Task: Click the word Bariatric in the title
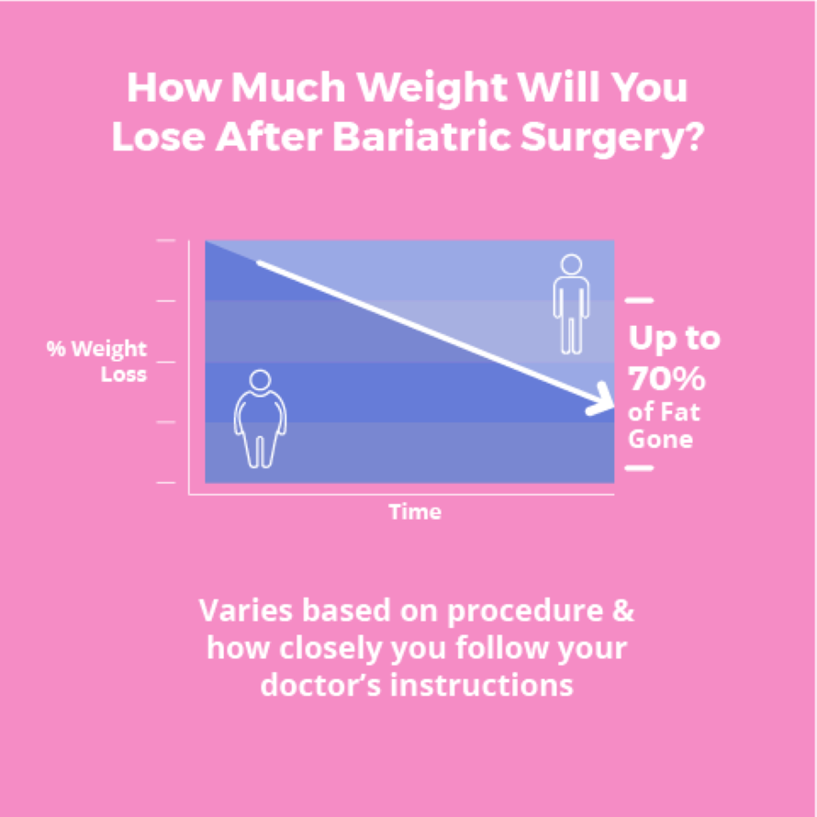422,137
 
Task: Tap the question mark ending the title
693,136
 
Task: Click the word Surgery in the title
599,139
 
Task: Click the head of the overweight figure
260,380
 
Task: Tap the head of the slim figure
571,264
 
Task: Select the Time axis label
415,511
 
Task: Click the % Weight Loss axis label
97,361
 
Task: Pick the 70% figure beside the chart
666,378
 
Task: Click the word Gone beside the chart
660,439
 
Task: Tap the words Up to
674,339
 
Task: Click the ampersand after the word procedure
623,610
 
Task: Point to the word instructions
481,685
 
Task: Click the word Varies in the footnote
245,610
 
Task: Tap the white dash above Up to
639,300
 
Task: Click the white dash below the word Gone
639,468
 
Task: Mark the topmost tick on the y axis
165,241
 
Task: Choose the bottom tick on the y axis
165,483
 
